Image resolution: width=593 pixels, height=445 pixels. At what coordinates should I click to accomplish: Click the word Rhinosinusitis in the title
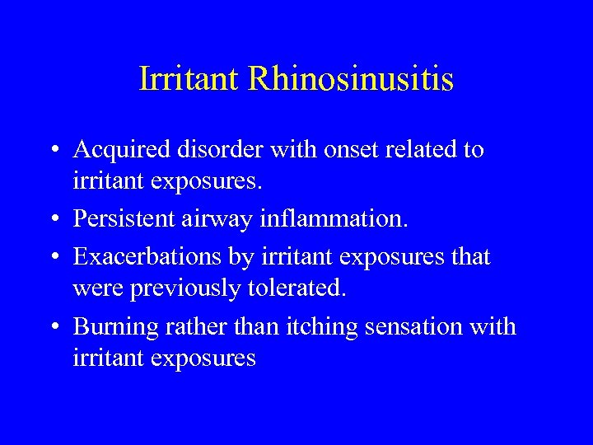pyautogui.click(x=351, y=79)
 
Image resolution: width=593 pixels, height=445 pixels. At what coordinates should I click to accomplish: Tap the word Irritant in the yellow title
pyautogui.click(x=189, y=79)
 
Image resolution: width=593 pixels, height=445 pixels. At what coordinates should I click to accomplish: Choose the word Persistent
pyautogui.click(x=124, y=220)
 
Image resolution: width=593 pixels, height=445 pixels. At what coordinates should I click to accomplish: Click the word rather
pyautogui.click(x=191, y=327)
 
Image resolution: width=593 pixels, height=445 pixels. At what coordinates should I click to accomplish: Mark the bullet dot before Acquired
pyautogui.click(x=54, y=151)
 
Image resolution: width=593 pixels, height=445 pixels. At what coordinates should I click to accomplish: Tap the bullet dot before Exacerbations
pyautogui.click(x=54, y=258)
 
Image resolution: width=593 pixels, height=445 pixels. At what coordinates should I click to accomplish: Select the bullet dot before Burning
pyautogui.click(x=54, y=328)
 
